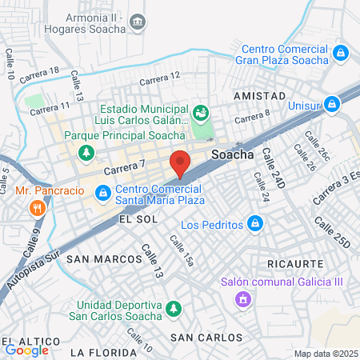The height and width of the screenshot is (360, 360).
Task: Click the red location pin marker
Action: (180, 163)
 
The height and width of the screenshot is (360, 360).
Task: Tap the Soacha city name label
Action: (231, 154)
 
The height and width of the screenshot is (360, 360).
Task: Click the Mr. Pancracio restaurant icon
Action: (36, 209)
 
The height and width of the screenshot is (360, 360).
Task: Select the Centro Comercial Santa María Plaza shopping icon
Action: (103, 193)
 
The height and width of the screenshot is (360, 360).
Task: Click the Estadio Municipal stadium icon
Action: (201, 110)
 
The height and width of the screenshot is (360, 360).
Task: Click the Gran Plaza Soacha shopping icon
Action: (342, 54)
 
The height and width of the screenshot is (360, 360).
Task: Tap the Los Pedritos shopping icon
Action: (255, 222)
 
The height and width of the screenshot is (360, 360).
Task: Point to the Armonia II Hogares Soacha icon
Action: (138, 19)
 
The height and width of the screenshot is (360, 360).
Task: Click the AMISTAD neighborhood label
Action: (258, 95)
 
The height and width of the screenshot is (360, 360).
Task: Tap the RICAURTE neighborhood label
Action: (295, 263)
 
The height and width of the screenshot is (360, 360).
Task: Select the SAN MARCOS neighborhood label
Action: (97, 259)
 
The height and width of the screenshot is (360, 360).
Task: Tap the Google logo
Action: (26, 349)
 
